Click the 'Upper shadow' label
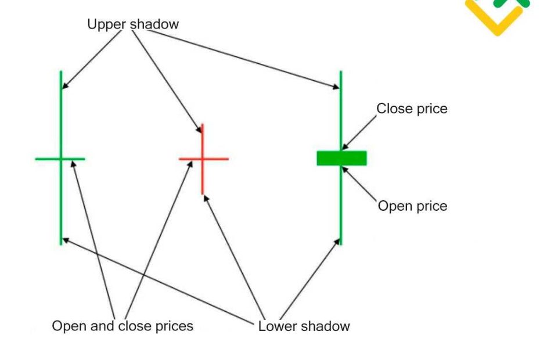[x=133, y=24]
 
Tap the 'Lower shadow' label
[x=304, y=326]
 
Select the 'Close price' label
[x=412, y=109]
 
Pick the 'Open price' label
[x=412, y=206]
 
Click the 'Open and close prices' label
[x=123, y=326]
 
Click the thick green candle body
[x=341, y=158]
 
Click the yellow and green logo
[x=498, y=15]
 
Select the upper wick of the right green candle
[x=340, y=110]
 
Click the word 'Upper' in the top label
[x=105, y=24]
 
